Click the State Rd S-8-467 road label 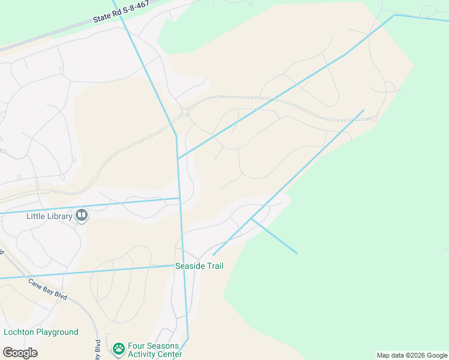tap(121, 12)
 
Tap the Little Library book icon tap(82, 215)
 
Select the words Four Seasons tap(154, 346)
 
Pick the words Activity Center tap(155, 355)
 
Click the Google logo tap(20, 353)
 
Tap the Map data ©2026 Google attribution tap(412, 355)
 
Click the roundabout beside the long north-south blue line tap(184, 112)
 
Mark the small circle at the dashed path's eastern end tap(374, 119)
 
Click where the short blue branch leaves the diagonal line tap(251, 219)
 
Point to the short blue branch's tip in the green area tap(297, 253)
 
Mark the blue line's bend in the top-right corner tap(395, 14)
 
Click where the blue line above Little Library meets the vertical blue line tap(179, 198)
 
